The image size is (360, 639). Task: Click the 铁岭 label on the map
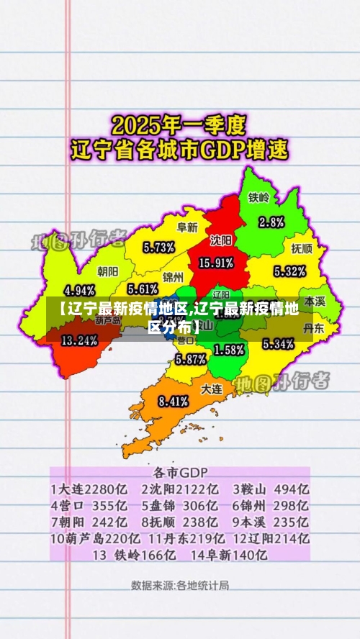click(259, 197)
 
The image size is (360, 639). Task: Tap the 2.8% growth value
click(271, 221)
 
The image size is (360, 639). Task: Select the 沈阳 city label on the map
click(221, 240)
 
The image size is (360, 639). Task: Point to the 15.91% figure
click(215, 263)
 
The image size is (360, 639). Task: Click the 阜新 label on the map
click(187, 227)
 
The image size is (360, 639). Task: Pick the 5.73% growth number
click(158, 248)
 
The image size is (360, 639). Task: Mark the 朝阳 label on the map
click(108, 271)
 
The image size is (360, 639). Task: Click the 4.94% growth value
click(80, 291)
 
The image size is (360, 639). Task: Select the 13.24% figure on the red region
click(79, 340)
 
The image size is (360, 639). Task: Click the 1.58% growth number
click(229, 350)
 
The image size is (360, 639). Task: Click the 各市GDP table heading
click(180, 473)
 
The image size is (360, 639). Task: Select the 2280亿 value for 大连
click(109, 489)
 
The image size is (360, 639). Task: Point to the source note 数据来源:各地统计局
click(180, 585)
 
